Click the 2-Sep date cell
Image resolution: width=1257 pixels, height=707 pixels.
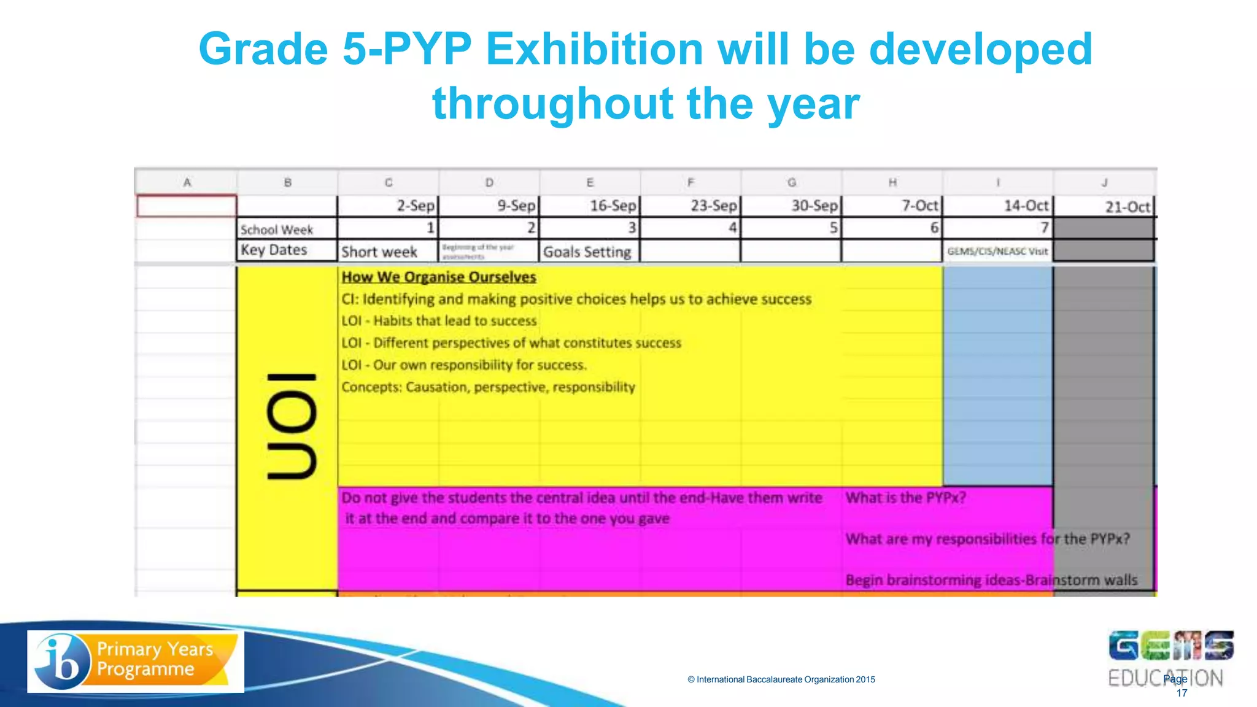[x=389, y=206]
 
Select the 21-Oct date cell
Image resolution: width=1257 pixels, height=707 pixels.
[x=1104, y=207]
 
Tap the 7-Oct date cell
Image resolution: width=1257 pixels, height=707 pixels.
[x=892, y=206]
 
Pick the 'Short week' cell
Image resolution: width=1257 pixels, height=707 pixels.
[x=388, y=252]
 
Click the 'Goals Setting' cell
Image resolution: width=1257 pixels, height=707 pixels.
[x=589, y=252]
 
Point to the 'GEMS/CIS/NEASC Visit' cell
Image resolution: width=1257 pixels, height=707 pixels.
[x=997, y=251]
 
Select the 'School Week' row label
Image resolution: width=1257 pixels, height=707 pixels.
[x=287, y=229]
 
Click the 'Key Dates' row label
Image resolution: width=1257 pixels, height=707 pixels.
[x=287, y=250]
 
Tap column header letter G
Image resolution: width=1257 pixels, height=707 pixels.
[x=792, y=182]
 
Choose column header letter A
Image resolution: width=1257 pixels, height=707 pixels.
[x=187, y=182]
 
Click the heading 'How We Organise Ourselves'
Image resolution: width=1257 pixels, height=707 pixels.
[x=439, y=277]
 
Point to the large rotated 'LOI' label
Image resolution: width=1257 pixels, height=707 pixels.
[x=291, y=426]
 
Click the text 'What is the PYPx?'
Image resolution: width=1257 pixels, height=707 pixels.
[x=906, y=497]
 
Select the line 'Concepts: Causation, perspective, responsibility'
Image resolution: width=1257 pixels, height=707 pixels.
[x=488, y=387]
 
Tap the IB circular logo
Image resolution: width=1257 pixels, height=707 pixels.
[x=62, y=661]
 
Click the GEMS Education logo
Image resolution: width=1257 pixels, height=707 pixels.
[x=1170, y=657]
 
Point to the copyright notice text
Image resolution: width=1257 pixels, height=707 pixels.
[x=781, y=679]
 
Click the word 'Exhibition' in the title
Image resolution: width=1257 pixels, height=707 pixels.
[x=594, y=48]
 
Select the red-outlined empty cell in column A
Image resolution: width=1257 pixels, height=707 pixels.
[x=187, y=206]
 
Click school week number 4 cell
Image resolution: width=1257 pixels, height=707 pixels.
[x=690, y=228]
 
